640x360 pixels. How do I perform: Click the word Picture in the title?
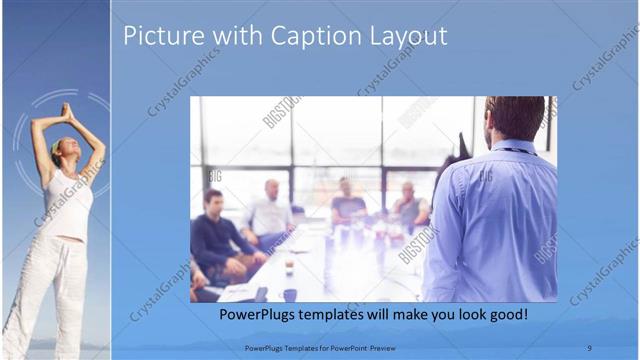coord(159,37)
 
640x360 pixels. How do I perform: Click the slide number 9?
coord(588,347)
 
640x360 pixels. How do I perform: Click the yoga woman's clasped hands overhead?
coord(67,111)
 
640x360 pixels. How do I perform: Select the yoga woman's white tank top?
coord(67,205)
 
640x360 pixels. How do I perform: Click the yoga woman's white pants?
coord(50,290)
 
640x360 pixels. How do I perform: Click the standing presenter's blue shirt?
coord(490,220)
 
